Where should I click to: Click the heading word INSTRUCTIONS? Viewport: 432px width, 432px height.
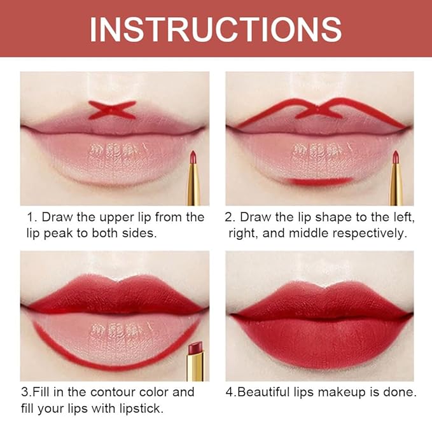[x=216, y=29]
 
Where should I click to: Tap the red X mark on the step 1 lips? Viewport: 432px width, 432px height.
[x=112, y=110]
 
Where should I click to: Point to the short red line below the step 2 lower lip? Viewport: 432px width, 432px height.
[x=320, y=181]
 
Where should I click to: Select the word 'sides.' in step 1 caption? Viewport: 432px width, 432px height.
[x=139, y=233]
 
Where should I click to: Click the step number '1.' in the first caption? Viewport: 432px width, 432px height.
[x=31, y=217]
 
